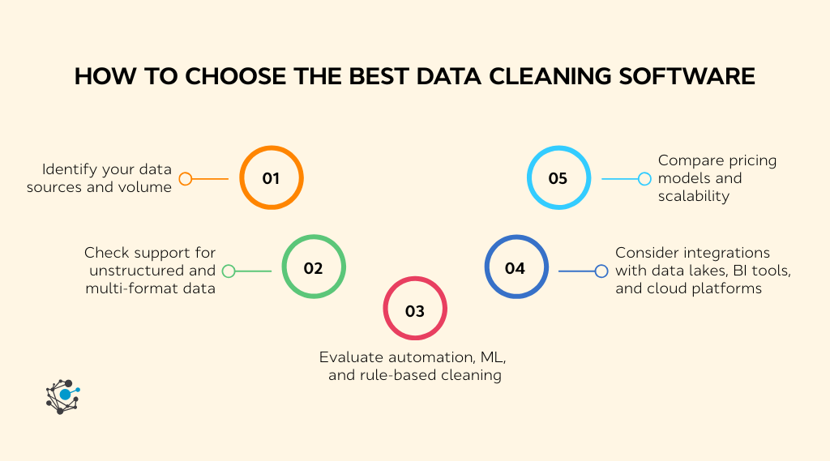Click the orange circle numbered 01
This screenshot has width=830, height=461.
(x=271, y=178)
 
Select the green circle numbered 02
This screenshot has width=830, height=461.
(x=314, y=267)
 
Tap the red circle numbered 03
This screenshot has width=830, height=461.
(x=414, y=310)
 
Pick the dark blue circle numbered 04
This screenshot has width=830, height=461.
(x=516, y=267)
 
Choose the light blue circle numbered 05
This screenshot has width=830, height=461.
(x=558, y=178)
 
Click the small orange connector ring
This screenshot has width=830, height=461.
(x=186, y=179)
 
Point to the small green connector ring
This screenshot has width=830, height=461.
(x=229, y=271)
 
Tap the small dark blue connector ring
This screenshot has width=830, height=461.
(x=601, y=271)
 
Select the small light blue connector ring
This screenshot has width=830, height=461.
(x=644, y=179)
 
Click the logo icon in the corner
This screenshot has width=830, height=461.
(x=62, y=396)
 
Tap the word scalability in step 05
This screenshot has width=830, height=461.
(x=694, y=196)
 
